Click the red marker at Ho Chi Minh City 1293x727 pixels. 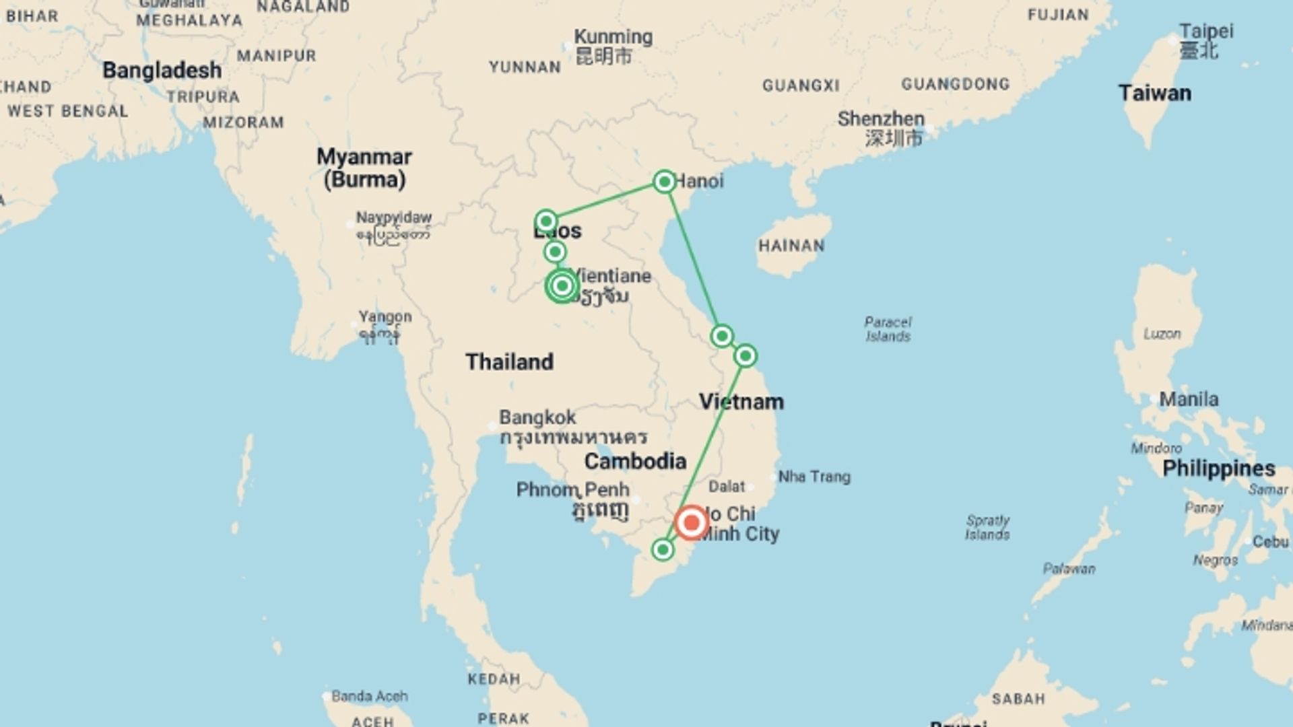[x=691, y=523]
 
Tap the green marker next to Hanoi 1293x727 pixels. [x=665, y=182]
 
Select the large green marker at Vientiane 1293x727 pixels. [x=562, y=287]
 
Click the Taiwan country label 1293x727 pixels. [x=1154, y=93]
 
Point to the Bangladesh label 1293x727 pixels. [x=162, y=70]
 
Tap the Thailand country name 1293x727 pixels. [x=509, y=361]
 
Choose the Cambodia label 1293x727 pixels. [x=635, y=461]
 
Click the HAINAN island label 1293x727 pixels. [x=791, y=246]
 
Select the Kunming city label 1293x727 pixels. [x=613, y=37]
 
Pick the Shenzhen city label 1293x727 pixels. [x=881, y=119]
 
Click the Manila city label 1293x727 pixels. [x=1189, y=399]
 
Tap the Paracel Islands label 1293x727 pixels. [x=888, y=329]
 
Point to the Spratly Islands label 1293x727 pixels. [x=987, y=528]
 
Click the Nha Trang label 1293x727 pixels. [x=814, y=477]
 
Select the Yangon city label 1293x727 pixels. [x=385, y=316]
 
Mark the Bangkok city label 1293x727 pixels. [x=537, y=417]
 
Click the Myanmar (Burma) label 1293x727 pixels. [x=364, y=168]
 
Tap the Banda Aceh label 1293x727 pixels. [x=369, y=696]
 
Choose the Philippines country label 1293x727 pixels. [x=1218, y=469]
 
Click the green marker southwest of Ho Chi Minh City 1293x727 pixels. [x=663, y=550]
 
